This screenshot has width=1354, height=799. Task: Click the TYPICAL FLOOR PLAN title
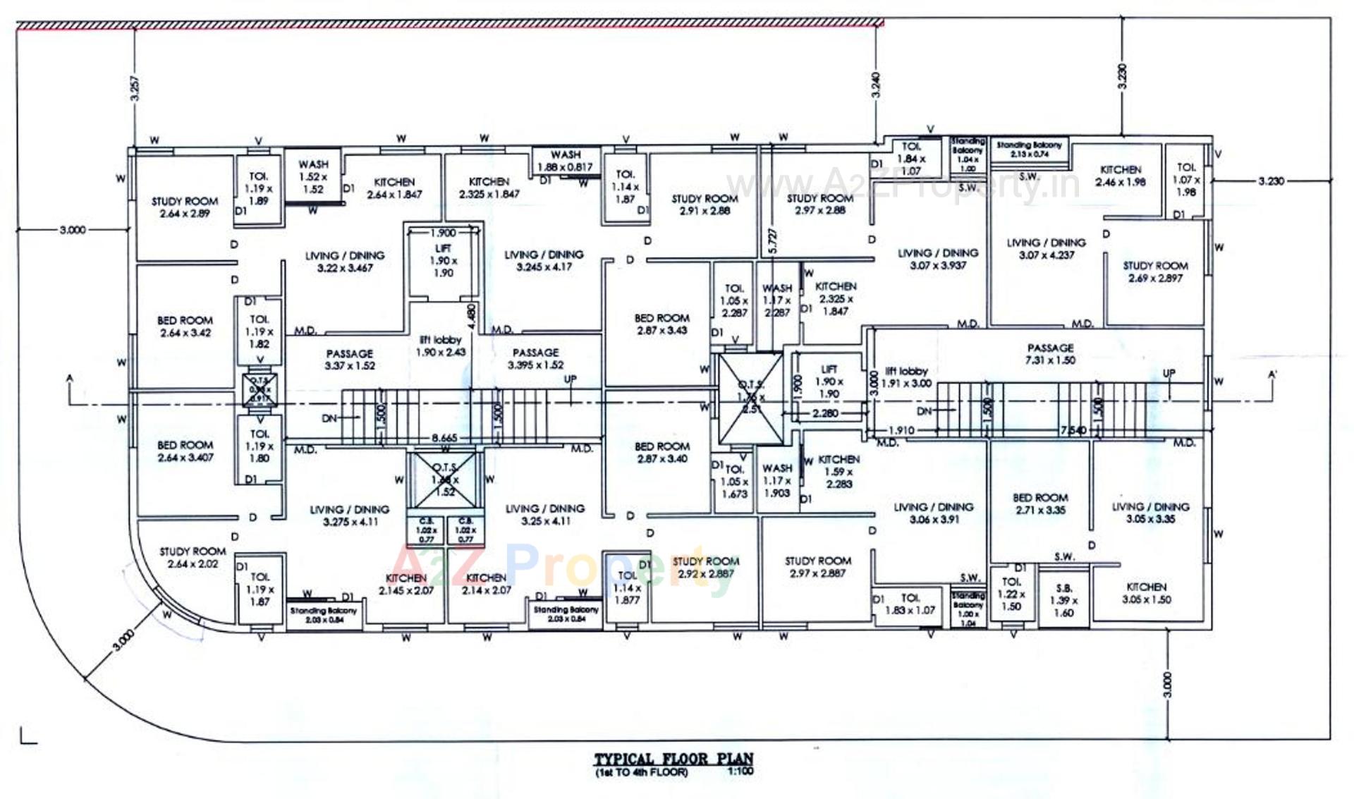tap(673, 760)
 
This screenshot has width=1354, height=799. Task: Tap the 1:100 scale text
tap(740, 771)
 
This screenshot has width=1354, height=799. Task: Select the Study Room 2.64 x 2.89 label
tap(185, 207)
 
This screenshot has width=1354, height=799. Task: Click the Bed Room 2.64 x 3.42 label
tap(185, 327)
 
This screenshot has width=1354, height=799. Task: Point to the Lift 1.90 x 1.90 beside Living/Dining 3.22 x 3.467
tap(444, 260)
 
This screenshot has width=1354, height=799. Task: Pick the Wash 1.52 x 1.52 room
tap(313, 176)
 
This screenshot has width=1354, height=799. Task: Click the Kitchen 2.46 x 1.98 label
tap(1120, 176)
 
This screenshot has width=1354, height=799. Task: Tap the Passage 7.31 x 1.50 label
tap(1050, 354)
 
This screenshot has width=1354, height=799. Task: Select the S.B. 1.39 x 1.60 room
tap(1063, 600)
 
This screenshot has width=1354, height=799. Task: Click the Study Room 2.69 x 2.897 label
tap(1155, 272)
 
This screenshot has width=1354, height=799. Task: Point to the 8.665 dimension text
tap(444, 438)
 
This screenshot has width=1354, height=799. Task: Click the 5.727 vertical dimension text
tap(773, 241)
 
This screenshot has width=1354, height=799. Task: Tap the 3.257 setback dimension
tap(135, 88)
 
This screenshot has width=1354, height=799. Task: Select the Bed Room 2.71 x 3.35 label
tap(1040, 504)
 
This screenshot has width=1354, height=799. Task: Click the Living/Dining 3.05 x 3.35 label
tap(1150, 513)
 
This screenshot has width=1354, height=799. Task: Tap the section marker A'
tap(1272, 375)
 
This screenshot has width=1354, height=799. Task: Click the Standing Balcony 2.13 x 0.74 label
tap(1029, 149)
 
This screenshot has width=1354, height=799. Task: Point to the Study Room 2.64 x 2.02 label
tap(193, 558)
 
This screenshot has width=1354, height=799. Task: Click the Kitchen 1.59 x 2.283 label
tap(838, 472)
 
